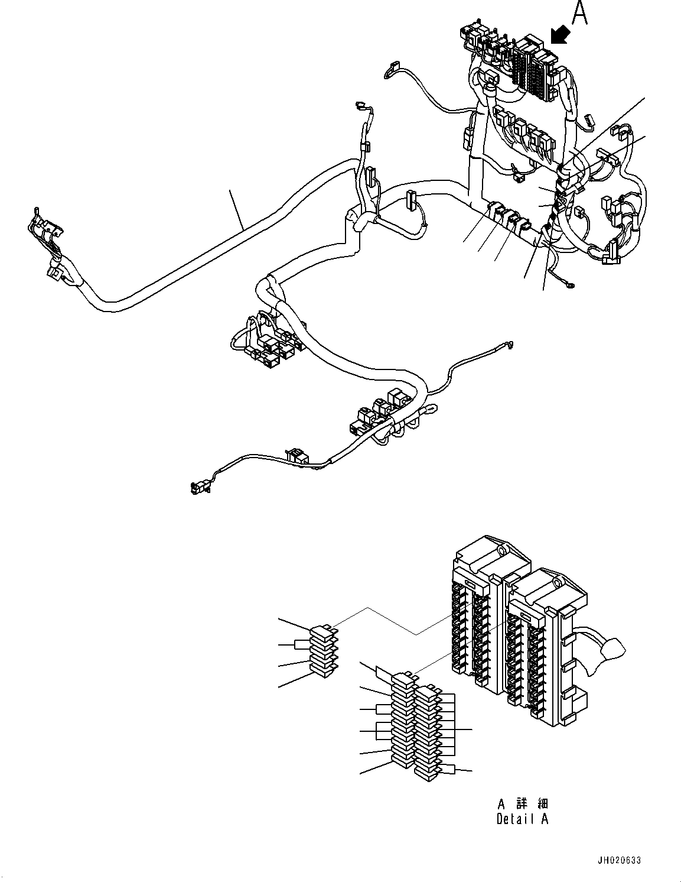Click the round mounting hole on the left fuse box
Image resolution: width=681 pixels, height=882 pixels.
tap(500, 550)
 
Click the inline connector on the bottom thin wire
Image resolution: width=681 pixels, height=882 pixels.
tap(296, 456)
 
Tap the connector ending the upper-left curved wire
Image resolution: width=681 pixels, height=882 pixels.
tap(390, 70)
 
